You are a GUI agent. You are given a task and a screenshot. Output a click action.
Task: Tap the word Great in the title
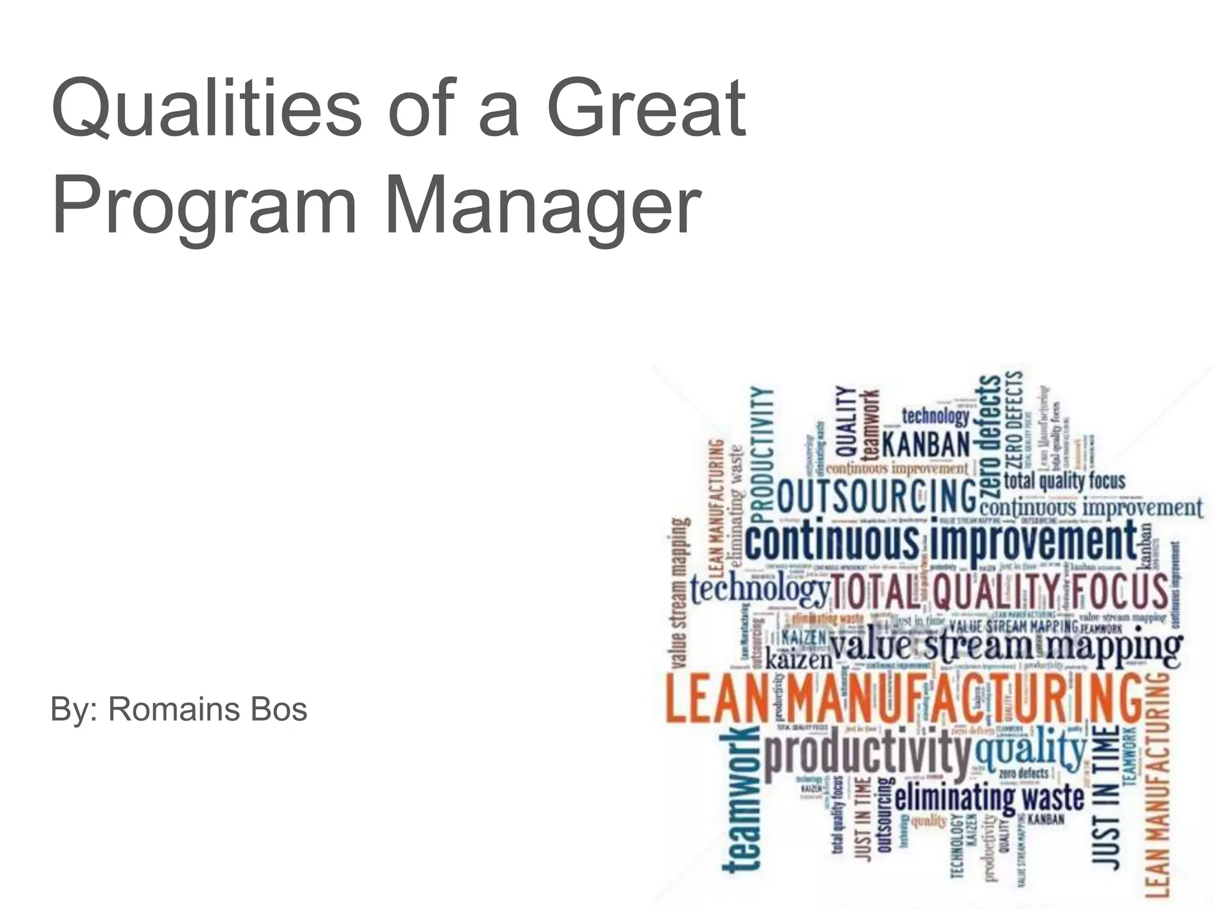645,110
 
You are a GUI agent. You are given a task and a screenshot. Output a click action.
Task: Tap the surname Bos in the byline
279,709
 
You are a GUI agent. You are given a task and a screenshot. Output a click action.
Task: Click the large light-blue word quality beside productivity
1031,750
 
